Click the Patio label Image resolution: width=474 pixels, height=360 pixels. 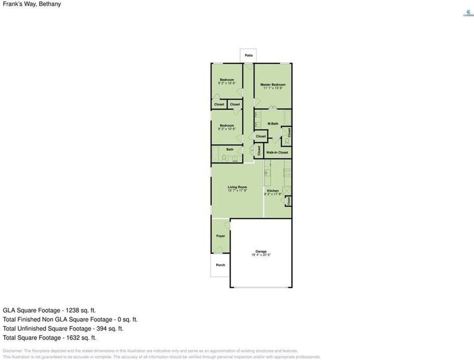point(249,55)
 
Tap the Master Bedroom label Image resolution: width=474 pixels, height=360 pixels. point(273,85)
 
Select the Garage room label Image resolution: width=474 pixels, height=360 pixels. point(261,252)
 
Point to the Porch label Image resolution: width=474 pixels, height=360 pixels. point(220,265)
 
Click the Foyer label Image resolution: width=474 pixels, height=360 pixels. point(220,236)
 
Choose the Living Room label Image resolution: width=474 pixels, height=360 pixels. point(237,187)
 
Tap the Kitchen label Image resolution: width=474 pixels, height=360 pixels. point(273,191)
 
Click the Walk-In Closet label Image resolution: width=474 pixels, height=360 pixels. point(277,153)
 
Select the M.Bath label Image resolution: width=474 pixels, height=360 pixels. point(273,124)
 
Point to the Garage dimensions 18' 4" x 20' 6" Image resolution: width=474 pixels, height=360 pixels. point(261,255)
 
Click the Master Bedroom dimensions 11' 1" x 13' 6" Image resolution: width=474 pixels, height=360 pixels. point(273,88)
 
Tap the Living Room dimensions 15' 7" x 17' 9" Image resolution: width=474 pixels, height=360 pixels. point(237,190)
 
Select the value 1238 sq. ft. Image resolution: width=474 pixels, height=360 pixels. point(81,310)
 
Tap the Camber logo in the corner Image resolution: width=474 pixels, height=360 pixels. point(468,13)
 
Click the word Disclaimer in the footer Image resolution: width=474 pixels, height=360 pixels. point(12,351)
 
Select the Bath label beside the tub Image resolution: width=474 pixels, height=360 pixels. point(230,150)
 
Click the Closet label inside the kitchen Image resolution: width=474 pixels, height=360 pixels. point(288,201)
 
